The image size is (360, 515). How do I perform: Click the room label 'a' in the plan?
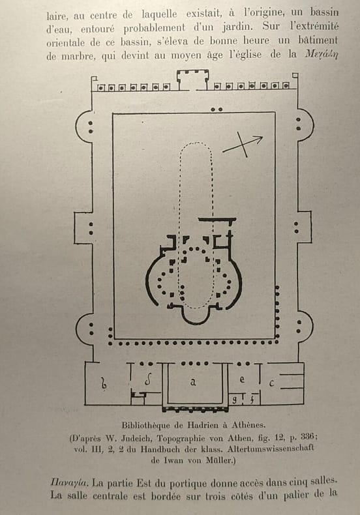pos(193,382)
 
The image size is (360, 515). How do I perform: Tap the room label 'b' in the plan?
pos(104,383)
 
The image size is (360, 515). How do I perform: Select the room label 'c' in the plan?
pos(271,383)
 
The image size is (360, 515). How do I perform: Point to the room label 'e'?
pos(242,379)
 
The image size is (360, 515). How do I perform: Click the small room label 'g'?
pos(235,400)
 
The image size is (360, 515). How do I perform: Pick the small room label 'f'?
pos(252,400)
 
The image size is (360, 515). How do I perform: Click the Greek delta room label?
pos(148,380)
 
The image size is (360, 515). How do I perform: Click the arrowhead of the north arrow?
pos(259,139)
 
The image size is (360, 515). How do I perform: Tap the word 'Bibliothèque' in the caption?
pos(146,425)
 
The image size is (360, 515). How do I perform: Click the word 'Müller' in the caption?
pos(221,460)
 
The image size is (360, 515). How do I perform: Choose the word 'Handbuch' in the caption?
pos(158,449)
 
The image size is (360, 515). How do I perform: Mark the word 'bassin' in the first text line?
pos(325,12)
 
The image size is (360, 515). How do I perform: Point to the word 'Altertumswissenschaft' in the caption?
pos(271,448)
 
